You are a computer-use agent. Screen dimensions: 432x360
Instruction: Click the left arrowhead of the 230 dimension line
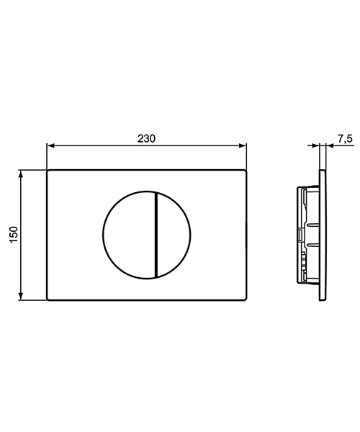pos(50,145)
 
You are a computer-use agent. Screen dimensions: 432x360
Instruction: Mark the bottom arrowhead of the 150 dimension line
pos(23,297)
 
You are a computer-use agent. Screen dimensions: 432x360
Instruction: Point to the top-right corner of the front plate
pos(247,172)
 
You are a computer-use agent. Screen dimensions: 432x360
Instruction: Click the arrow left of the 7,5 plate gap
pos(318,146)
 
